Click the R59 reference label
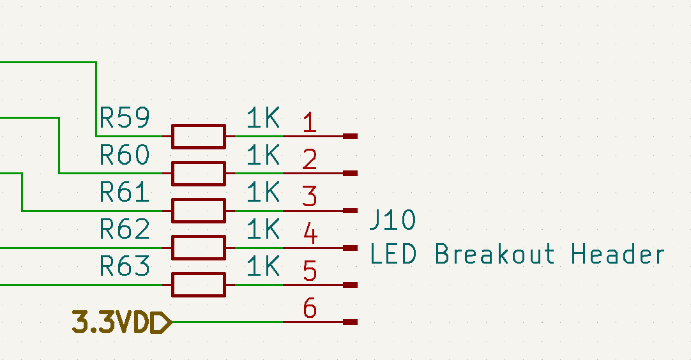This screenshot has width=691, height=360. click(x=125, y=117)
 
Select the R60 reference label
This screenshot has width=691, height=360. click(x=125, y=154)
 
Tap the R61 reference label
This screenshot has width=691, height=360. click(x=125, y=191)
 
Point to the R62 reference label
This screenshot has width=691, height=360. click(x=125, y=229)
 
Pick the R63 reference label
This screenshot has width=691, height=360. click(x=125, y=266)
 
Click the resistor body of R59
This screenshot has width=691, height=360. click(x=198, y=136)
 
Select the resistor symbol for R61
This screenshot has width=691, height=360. click(x=198, y=210)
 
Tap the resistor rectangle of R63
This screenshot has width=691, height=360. click(x=198, y=285)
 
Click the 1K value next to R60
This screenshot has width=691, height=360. click(x=263, y=154)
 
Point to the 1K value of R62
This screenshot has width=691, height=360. click(x=263, y=229)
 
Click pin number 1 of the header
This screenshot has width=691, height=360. click(x=309, y=122)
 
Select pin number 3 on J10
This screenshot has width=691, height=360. click(x=309, y=196)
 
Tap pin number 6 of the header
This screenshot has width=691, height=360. click(x=310, y=308)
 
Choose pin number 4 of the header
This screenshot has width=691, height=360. click(x=310, y=234)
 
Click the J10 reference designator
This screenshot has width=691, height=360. click(x=393, y=221)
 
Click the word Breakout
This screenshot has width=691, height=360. click(x=494, y=254)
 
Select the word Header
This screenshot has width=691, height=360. click(x=618, y=254)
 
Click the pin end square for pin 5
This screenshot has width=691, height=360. click(x=350, y=285)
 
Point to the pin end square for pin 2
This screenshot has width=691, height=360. click(x=350, y=173)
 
